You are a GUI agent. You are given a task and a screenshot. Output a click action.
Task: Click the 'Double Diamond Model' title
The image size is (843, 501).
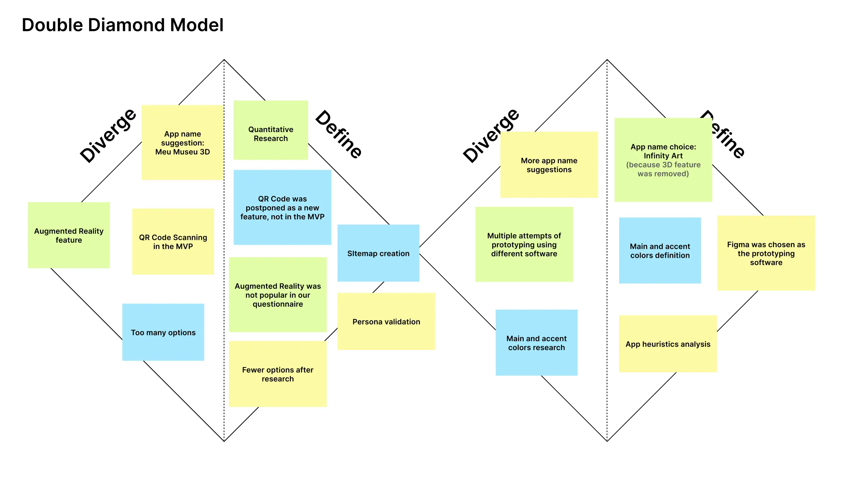[123, 25]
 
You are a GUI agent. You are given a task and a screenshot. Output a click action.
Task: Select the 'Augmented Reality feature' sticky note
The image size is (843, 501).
[69, 235]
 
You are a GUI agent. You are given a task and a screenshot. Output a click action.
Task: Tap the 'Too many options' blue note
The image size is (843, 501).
[163, 332]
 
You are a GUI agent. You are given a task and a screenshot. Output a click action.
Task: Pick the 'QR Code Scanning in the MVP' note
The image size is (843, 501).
[173, 241]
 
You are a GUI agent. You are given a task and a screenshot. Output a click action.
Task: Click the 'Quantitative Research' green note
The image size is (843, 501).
[271, 130]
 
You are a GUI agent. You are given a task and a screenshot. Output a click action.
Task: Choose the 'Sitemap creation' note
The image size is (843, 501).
[378, 253]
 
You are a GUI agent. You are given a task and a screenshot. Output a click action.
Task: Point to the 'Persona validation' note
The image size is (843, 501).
[386, 321]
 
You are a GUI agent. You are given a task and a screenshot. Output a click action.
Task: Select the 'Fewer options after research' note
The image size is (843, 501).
[278, 374]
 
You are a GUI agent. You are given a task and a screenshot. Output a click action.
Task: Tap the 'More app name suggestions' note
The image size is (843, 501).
[549, 165]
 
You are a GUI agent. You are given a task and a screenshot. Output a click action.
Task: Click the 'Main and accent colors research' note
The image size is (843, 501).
[536, 342]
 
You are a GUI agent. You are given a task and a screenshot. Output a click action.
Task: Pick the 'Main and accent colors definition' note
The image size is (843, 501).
[660, 250]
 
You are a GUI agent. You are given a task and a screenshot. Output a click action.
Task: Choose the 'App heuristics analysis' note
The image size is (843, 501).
[668, 344]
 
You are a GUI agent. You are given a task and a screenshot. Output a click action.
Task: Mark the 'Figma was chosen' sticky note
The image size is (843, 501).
[766, 253]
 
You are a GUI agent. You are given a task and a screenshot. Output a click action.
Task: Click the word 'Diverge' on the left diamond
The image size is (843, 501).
[108, 135]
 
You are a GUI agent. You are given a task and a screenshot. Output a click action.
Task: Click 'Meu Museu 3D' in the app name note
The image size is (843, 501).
[183, 152]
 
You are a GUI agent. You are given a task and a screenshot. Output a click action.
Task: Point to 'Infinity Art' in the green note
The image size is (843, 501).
[663, 156]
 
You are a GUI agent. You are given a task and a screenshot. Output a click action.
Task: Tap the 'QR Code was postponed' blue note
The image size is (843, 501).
[282, 207]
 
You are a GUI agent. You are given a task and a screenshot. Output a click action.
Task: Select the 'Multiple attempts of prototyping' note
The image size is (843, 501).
[524, 244]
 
